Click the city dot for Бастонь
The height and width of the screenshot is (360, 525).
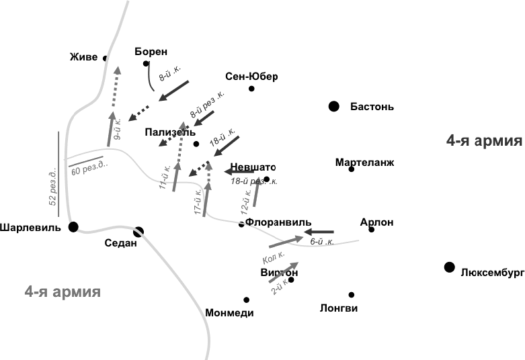click(x=333, y=106)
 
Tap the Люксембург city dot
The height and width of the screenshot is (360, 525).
click(x=449, y=268)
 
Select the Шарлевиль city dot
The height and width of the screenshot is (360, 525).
click(x=73, y=226)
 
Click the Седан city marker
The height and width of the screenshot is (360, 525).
click(x=138, y=232)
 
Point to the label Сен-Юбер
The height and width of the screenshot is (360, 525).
click(x=251, y=76)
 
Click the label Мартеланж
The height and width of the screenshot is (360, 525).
click(x=364, y=162)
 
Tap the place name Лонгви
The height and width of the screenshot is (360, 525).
click(x=339, y=308)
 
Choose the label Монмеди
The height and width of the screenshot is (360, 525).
click(x=230, y=313)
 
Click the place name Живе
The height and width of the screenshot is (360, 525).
click(x=83, y=57)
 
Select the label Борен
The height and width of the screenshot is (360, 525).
click(x=151, y=51)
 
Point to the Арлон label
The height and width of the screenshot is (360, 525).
click(x=376, y=222)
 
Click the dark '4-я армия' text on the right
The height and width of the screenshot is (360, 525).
click(x=484, y=141)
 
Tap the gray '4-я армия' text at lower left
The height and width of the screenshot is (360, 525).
click(x=63, y=291)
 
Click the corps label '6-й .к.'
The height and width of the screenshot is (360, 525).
click(x=322, y=241)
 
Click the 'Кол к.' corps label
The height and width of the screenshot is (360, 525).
click(x=274, y=257)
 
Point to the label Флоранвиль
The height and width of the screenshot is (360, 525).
click(x=279, y=221)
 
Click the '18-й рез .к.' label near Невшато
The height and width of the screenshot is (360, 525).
click(x=253, y=181)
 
